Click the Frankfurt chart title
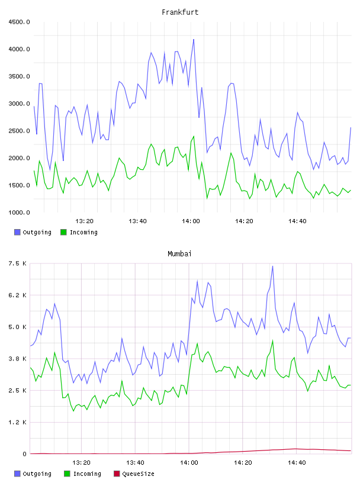[180, 12]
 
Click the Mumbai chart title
[179, 254]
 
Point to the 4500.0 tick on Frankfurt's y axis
[19, 22]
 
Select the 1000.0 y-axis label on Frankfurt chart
[19, 212]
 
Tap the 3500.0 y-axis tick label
[19, 76]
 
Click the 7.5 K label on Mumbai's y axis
[18, 263]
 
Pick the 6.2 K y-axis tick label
[18, 295]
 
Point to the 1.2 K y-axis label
[18, 422]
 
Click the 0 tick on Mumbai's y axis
[25, 454]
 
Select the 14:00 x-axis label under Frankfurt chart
[191, 221]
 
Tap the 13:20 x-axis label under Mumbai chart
[81, 463]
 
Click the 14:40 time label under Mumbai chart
[297, 463]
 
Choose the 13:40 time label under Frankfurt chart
[137, 221]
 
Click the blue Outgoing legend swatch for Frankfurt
[17, 232]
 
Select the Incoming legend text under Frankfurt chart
[83, 233]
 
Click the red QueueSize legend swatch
[117, 474]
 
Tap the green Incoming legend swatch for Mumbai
[67, 474]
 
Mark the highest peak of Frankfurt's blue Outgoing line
[194, 40]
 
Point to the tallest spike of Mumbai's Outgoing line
[272, 266]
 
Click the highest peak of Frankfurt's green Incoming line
[194, 136]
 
